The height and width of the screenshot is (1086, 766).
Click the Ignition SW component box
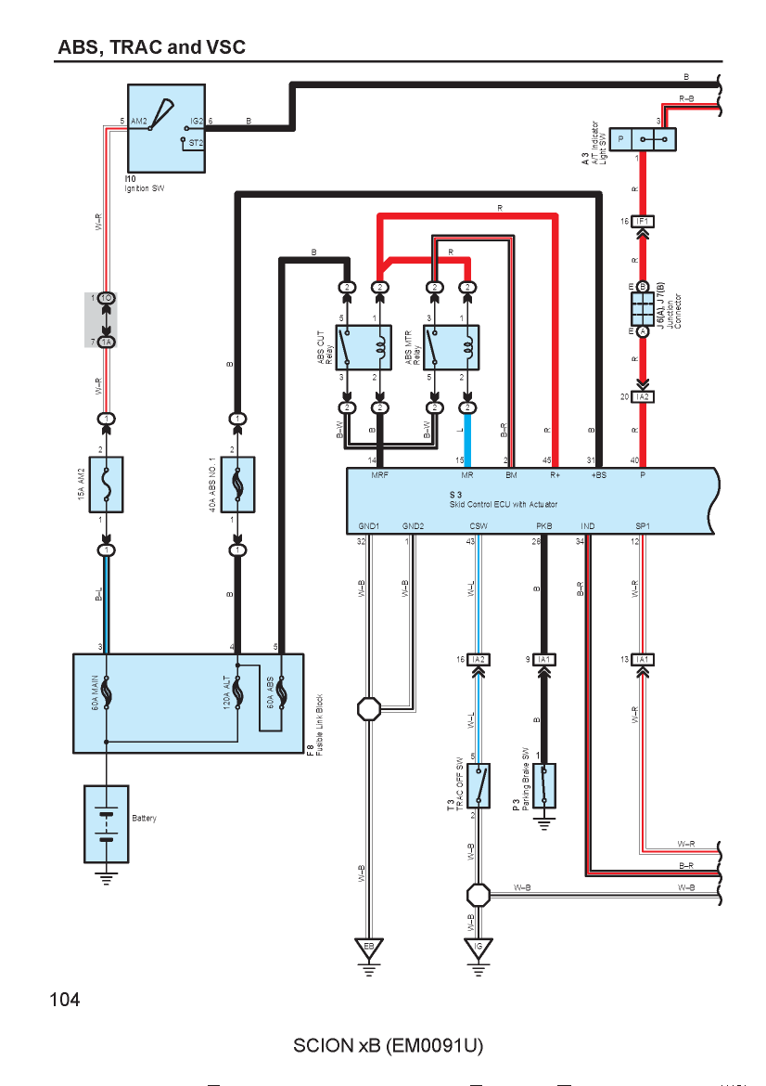tap(166, 129)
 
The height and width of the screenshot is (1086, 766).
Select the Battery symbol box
tap(106, 823)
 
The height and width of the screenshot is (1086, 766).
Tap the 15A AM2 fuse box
tap(106, 485)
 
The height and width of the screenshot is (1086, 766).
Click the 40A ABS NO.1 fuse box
tap(237, 485)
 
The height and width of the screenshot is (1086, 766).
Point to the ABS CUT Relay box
tap(364, 348)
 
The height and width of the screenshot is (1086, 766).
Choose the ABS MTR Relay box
tap(451, 348)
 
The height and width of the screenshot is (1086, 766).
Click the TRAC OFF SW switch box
tap(479, 785)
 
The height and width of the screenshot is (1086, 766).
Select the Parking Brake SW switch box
tap(544, 785)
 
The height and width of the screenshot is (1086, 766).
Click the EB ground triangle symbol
tap(369, 949)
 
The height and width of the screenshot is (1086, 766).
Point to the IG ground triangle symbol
tap(479, 949)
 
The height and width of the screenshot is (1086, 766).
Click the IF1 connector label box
tap(643, 222)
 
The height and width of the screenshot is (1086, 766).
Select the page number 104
tap(65, 1000)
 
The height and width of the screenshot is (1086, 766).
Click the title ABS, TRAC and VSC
tap(151, 47)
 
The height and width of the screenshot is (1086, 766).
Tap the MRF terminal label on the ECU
tap(380, 475)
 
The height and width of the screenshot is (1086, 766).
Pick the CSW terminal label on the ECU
tap(479, 526)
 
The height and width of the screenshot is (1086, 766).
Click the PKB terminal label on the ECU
tap(544, 526)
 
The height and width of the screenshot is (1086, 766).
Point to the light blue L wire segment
tap(467, 440)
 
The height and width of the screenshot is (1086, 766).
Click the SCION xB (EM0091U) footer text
tap(389, 1045)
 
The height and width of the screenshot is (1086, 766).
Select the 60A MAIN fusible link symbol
tap(106, 693)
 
